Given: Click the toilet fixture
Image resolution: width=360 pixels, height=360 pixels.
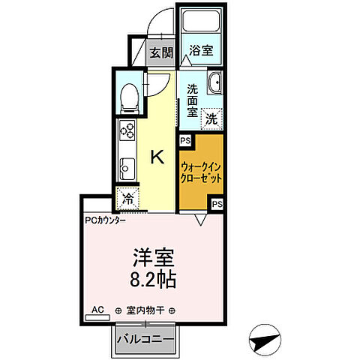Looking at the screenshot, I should (128, 96).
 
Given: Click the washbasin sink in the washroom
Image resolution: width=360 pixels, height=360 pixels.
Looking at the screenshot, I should (214, 84).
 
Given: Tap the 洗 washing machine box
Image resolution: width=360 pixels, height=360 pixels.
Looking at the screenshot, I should (212, 118).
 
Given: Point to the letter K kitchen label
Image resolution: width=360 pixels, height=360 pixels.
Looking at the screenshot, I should (158, 157).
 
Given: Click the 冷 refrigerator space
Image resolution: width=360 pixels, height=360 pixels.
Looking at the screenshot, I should (127, 199).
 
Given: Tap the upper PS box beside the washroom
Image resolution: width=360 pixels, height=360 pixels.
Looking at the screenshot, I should (184, 139).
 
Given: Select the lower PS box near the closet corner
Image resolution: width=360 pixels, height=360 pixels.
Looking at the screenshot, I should (217, 203).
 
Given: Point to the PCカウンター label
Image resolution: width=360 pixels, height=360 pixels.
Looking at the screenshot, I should (105, 220).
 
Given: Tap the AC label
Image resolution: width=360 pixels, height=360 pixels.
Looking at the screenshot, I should (97, 309).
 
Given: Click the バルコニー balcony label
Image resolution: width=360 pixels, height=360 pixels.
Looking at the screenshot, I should (146, 340).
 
